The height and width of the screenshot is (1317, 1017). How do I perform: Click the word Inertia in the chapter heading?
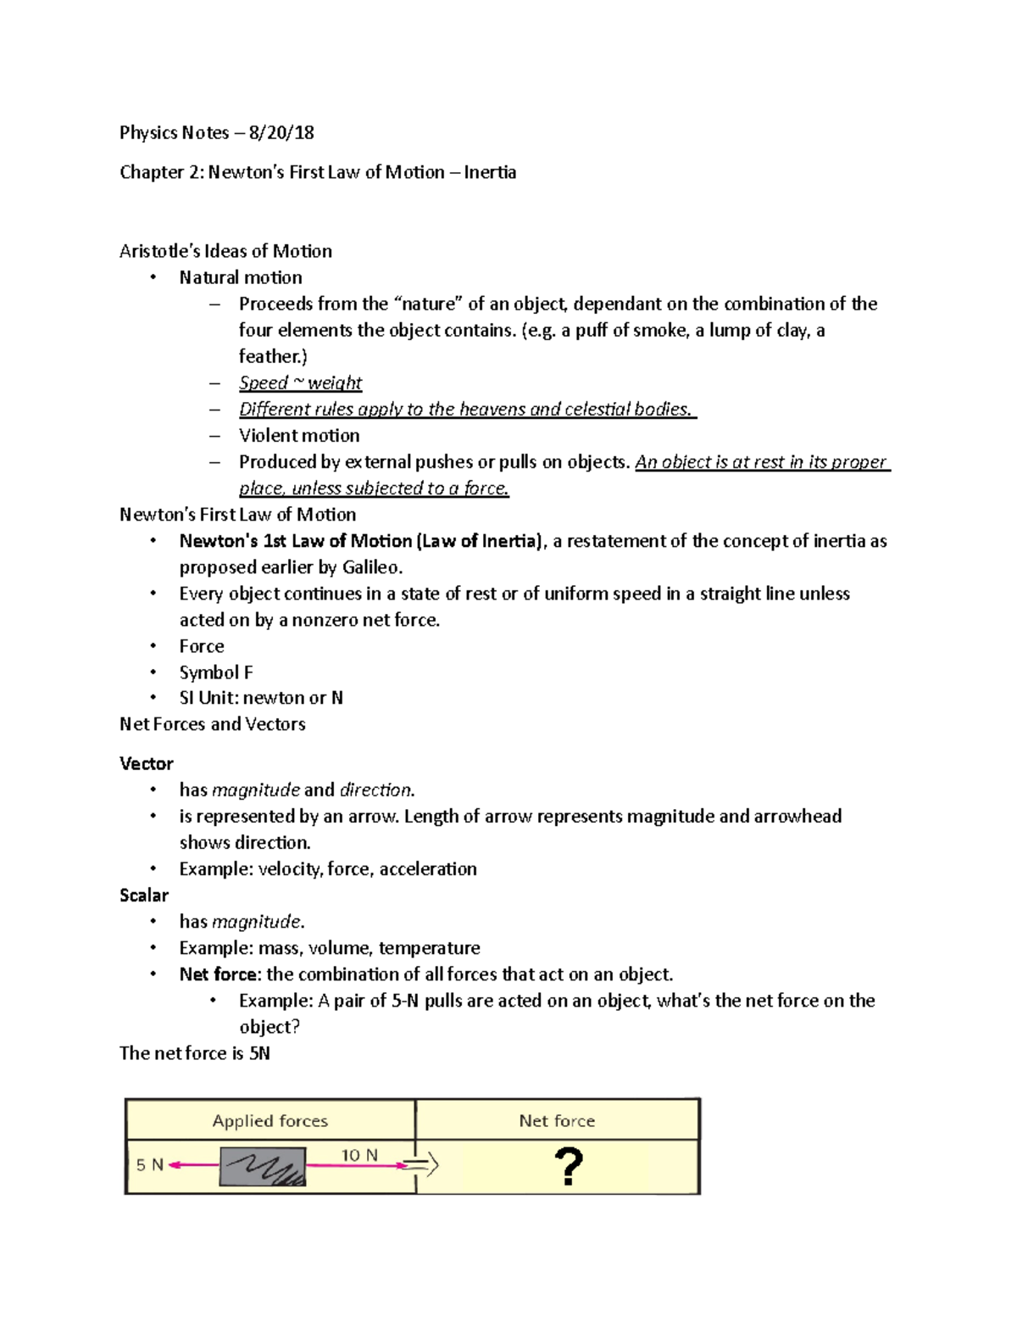(491, 172)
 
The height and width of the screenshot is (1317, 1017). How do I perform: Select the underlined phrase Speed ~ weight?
(300, 382)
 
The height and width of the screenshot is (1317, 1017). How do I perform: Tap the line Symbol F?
(216, 672)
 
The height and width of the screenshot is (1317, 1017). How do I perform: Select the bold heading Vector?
(146, 763)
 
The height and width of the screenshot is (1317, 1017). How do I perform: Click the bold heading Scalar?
(144, 895)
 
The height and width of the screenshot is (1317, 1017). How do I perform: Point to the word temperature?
(429, 947)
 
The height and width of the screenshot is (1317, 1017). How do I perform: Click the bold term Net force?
(216, 974)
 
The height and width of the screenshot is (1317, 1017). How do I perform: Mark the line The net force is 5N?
(195, 1053)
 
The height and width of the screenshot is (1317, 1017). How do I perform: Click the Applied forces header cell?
(270, 1120)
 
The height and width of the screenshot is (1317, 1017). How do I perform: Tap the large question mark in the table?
(568, 1167)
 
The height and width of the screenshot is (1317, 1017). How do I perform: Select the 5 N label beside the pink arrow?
(150, 1165)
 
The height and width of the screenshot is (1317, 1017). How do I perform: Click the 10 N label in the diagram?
(359, 1155)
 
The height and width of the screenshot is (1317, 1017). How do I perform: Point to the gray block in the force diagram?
(263, 1167)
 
